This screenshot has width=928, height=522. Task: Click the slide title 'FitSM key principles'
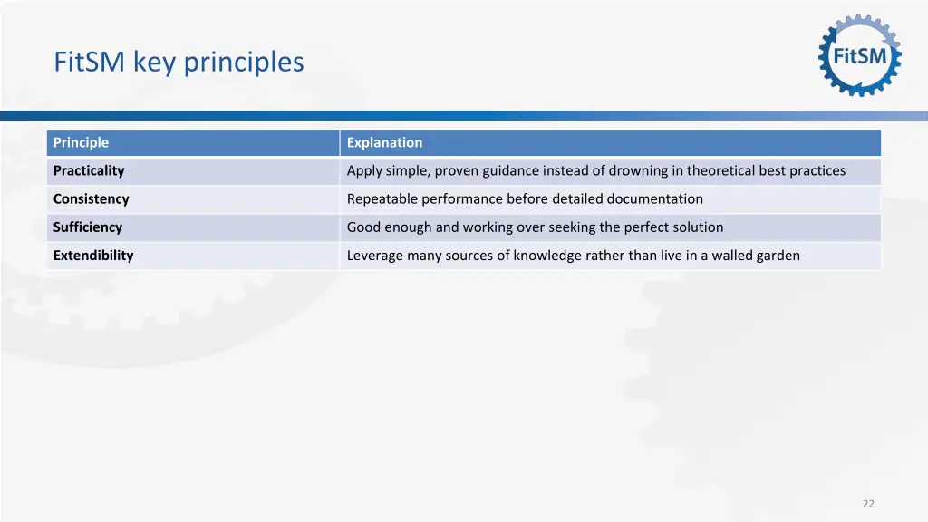179,62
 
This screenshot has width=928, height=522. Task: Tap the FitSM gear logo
859,55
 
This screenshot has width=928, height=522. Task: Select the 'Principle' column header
81,142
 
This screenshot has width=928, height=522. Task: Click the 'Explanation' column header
384,142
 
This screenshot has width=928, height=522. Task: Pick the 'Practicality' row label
89,170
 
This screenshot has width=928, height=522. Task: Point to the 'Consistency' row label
91,198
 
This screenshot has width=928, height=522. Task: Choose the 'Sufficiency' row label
87,227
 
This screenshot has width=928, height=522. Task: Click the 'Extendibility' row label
93,255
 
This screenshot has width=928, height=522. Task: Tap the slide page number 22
868,504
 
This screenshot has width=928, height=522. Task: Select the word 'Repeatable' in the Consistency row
382,198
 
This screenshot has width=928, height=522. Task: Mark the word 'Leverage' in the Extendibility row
374,255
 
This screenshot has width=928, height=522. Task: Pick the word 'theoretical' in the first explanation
721,170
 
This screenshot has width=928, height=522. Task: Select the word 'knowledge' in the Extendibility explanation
548,255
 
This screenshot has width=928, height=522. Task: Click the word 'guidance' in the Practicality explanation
510,170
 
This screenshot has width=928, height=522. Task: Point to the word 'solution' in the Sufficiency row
700,227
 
